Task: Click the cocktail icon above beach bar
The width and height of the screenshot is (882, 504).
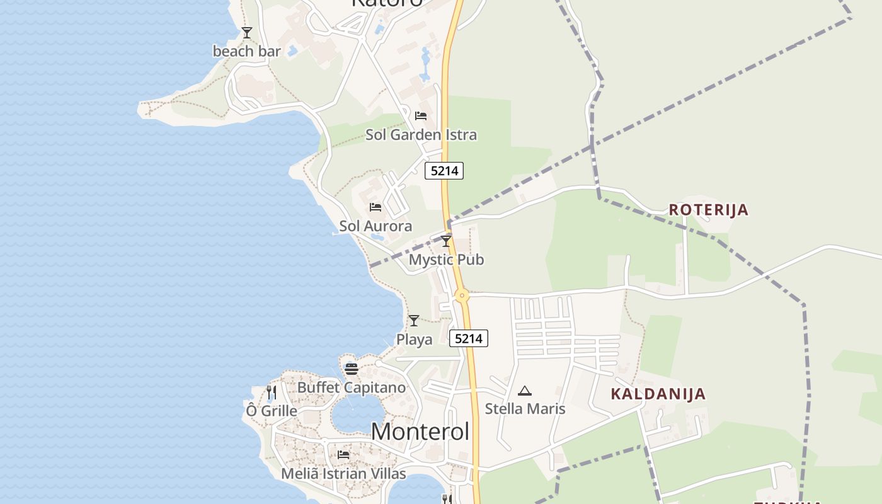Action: [x=247, y=32]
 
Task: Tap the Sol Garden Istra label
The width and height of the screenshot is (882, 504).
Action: [x=421, y=135]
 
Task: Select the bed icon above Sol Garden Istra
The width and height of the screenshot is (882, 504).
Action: [x=421, y=116]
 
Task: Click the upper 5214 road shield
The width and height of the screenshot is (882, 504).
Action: [x=444, y=171]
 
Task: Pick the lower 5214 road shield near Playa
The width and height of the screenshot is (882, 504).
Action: [x=469, y=338]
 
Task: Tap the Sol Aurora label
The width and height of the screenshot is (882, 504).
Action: [x=375, y=226]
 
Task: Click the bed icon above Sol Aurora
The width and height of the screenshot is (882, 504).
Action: [x=375, y=207]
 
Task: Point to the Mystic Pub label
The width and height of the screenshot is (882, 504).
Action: [x=446, y=260]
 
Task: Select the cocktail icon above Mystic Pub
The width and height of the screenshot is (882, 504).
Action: [x=446, y=241]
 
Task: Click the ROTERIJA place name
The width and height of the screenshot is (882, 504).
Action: [x=709, y=210]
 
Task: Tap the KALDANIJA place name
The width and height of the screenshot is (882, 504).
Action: [x=658, y=394]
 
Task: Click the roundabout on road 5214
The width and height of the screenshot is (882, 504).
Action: [x=462, y=295]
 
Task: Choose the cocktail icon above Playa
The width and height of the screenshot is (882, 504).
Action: [x=414, y=321]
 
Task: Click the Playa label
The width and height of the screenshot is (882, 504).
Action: [x=414, y=340]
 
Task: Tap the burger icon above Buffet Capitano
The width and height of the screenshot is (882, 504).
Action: [x=352, y=369]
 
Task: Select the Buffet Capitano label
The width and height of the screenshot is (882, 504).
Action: [x=352, y=387]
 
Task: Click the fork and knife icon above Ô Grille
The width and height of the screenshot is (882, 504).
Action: [x=272, y=392]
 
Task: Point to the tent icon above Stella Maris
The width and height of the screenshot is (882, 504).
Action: [x=525, y=391]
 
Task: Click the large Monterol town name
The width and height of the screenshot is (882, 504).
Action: [x=420, y=432]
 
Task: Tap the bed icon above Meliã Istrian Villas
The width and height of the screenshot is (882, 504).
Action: [x=343, y=454]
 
